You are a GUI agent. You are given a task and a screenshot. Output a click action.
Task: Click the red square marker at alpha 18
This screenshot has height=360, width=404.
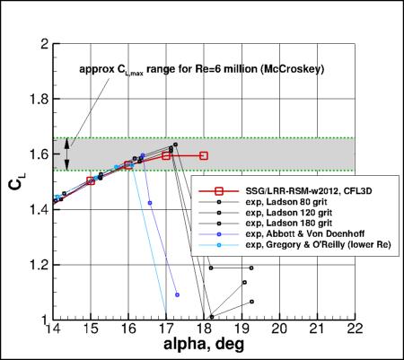(204, 155)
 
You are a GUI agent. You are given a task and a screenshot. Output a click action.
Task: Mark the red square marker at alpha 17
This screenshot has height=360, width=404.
(167, 155)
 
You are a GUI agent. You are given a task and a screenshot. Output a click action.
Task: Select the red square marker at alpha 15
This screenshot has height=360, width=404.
(91, 180)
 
